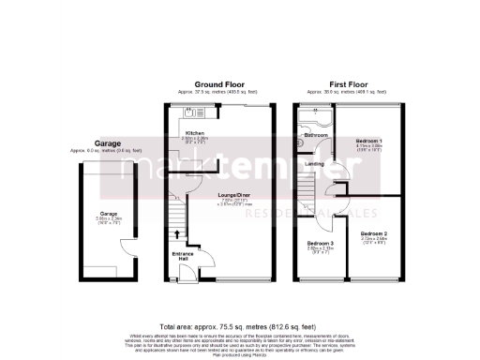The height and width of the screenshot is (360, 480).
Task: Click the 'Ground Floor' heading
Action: coord(218,82)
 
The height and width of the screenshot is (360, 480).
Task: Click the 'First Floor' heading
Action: coord(346,82)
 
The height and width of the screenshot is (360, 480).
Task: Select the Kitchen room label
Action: coord(195,134)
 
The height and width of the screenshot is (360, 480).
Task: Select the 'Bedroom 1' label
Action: coord(368,142)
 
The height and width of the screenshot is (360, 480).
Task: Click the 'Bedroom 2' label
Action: coord(373,233)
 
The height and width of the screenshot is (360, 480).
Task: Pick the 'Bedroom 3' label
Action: coord(318,244)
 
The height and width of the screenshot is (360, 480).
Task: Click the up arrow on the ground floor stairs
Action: coord(176,232)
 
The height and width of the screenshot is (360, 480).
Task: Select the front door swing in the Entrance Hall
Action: coord(187,271)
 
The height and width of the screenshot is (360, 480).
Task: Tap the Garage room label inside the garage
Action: coord(108,214)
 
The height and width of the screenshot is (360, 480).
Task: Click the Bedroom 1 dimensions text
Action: coord(368,148)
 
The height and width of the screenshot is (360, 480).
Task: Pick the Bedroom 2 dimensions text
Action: coord(373,241)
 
